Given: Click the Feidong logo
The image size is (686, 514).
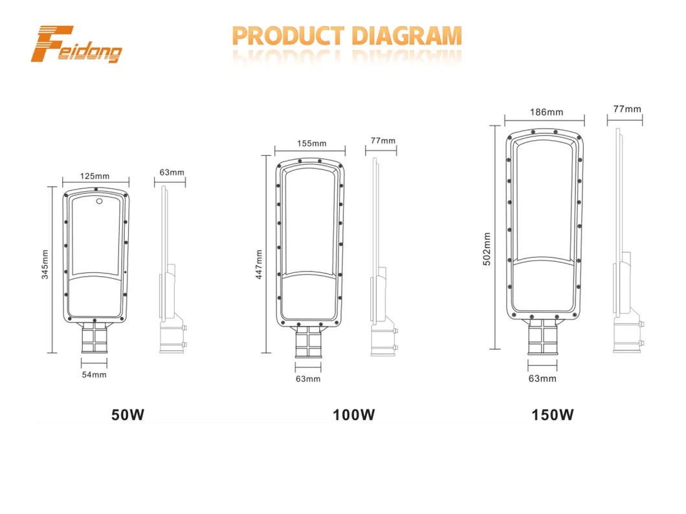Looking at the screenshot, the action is pos(76,44).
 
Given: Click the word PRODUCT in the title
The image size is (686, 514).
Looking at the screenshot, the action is pos(288,36).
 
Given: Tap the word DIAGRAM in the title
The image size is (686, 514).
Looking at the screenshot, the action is pos(407,36).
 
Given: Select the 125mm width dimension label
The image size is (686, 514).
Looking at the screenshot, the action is pos(94,176).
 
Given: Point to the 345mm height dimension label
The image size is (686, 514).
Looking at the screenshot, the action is pos(45,264).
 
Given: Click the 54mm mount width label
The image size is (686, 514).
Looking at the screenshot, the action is pos(94,374).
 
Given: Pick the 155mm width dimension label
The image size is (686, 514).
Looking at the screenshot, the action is pos(311,144).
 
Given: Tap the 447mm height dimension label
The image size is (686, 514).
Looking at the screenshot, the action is pos(259,264).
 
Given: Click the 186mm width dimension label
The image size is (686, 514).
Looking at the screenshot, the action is pos(546,112).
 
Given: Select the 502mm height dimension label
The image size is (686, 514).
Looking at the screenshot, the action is pos(487,249).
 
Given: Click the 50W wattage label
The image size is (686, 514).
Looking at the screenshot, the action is pos(127,414).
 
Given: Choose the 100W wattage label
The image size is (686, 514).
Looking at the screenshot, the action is pos(353,414).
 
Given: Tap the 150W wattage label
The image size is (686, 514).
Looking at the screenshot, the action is pos(552,414).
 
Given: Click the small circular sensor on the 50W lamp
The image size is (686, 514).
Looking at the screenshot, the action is pos(99,201).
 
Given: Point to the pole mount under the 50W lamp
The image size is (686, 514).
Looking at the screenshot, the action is pos(94,338).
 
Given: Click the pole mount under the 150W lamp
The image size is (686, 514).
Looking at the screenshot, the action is pos(542,337).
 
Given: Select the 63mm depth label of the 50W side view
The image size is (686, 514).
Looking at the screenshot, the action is pos(171,172).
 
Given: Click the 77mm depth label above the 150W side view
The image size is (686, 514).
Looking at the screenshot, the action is pos(627,109).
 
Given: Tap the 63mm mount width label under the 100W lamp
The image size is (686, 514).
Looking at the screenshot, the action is pos(308,379).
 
